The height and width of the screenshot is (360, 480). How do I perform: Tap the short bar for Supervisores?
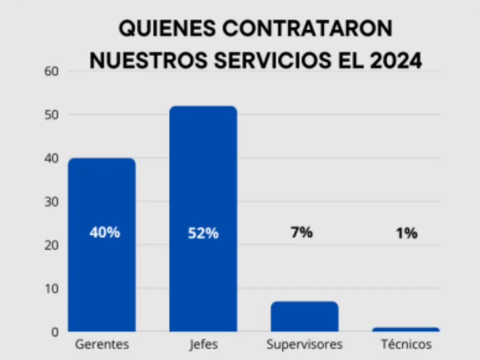(304, 316)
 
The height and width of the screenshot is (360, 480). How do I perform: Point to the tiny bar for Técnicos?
(406, 330)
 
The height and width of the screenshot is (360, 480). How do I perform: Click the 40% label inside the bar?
(105, 232)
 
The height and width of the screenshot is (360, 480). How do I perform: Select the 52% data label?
(203, 233)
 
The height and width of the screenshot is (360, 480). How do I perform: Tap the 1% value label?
(406, 233)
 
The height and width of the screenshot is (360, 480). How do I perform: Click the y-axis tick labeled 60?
(51, 72)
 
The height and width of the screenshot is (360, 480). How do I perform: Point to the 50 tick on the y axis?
(51, 115)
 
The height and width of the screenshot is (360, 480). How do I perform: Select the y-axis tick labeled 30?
(51, 202)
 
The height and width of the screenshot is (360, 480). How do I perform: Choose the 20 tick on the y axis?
(51, 245)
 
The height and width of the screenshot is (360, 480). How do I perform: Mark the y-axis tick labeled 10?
(51, 288)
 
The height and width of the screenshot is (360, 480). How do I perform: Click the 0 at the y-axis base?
(55, 332)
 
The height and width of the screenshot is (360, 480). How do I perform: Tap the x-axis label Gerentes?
(102, 345)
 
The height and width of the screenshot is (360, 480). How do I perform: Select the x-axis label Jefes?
(203, 345)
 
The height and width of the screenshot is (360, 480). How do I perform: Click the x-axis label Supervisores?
(304, 345)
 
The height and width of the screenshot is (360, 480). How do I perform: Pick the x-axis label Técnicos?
(406, 345)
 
